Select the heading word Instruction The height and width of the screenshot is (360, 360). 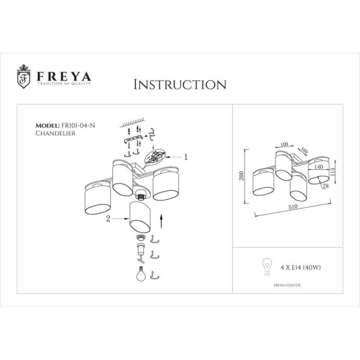(x=179, y=84)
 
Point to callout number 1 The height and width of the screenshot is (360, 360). (x=186, y=157)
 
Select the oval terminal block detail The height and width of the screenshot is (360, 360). (x=157, y=158)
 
